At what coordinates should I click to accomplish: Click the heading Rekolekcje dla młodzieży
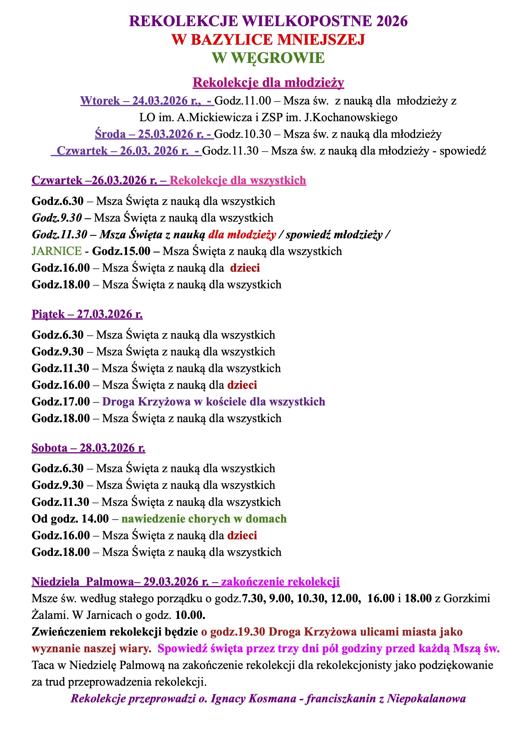coord(268,83)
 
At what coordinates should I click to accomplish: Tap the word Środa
coord(110,134)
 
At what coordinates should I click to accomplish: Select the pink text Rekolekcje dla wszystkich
coord(238,180)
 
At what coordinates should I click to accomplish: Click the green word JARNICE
coord(56,251)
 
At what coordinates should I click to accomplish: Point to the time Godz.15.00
coord(121,251)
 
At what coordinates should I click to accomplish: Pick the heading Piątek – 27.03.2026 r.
coord(87,314)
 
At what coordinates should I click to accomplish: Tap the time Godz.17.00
coord(61,402)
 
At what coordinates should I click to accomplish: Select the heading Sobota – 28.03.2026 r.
coord(88,448)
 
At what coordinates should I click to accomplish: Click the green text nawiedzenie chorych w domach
coord(204,519)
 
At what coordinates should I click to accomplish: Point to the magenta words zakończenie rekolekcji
coord(280,581)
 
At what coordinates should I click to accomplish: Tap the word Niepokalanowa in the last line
coord(426,699)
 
